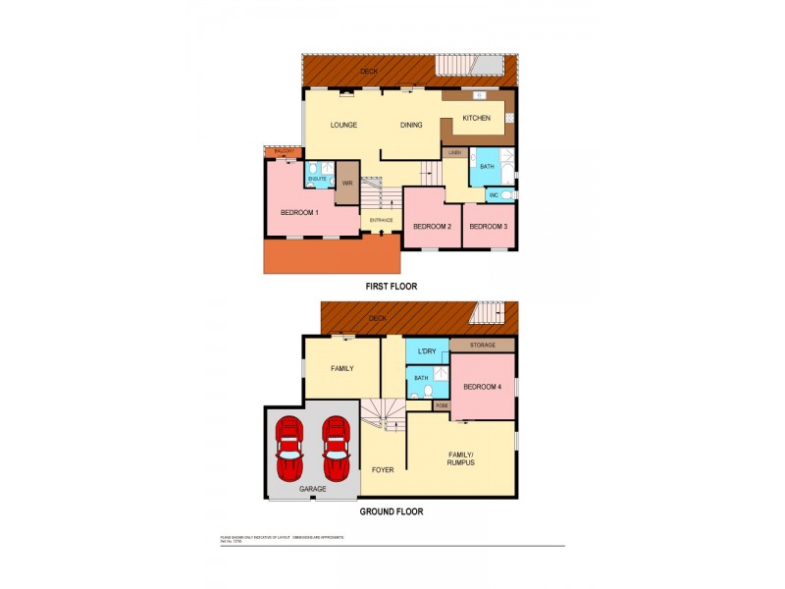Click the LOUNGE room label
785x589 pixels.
coord(342,125)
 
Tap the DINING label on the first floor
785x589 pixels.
coord(410,125)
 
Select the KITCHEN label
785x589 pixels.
coord(477,118)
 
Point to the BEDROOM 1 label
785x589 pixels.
coord(299,212)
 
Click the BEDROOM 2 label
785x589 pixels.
coord(432,227)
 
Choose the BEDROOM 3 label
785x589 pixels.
coord(488,227)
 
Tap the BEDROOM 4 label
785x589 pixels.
coord(483,386)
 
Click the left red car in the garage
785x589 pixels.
coord(289,449)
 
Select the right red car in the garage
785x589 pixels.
coord(336,449)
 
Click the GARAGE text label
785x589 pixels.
coord(313,489)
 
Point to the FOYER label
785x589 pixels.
coord(383,469)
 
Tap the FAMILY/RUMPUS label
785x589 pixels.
coord(461,458)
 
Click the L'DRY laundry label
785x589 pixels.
coord(427,351)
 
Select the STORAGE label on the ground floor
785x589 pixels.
coord(483,346)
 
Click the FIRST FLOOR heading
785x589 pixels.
coord(391,287)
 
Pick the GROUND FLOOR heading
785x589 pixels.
coord(391,511)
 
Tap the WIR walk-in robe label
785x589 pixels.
coord(347,184)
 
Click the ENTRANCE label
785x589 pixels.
coord(382,220)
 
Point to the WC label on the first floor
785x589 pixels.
coord(494,195)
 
